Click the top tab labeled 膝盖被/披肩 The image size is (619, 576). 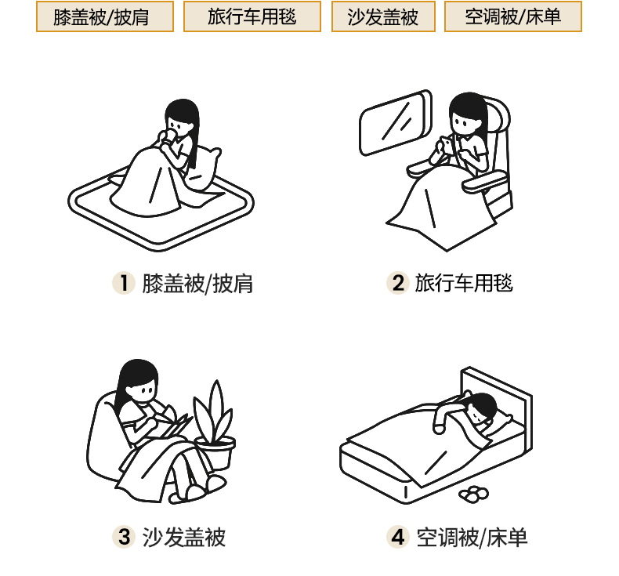pos(105,16)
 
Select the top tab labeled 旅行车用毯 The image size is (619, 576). pos(252,16)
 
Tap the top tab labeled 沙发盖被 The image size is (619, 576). pos(383,16)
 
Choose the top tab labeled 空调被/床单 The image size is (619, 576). pos(513,16)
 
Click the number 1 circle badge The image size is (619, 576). pos(124,283)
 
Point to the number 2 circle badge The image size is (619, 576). pos(398,283)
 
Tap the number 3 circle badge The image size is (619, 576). pos(124,537)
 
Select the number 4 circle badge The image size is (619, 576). pos(398,537)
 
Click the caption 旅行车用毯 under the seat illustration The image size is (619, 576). pos(464,284)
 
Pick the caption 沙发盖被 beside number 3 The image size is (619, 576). pos(184,538)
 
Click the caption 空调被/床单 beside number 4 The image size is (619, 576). pos(472,538)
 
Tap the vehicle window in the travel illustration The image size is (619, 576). pos(395,123)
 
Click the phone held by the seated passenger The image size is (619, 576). pos(447,145)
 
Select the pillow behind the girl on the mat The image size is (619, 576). pos(205,168)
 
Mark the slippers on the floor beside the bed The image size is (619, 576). pos(473,494)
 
